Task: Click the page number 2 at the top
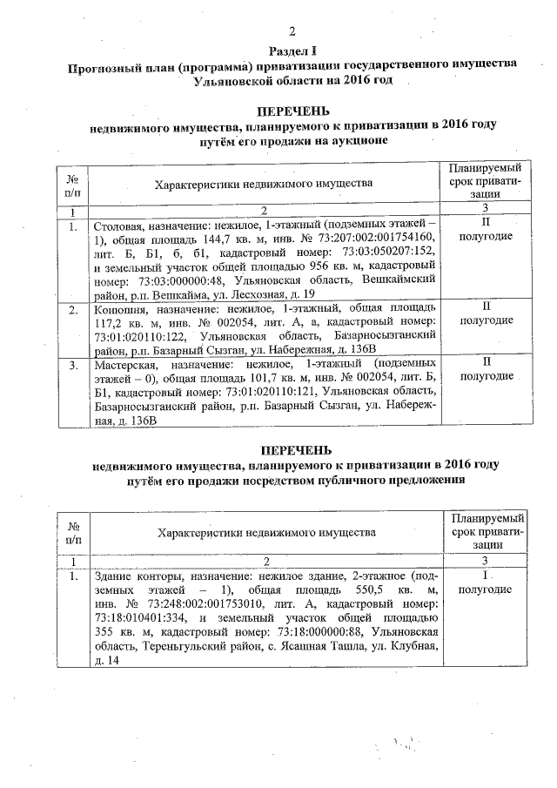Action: [x=292, y=32]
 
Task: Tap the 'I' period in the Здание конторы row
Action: [x=485, y=576]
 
